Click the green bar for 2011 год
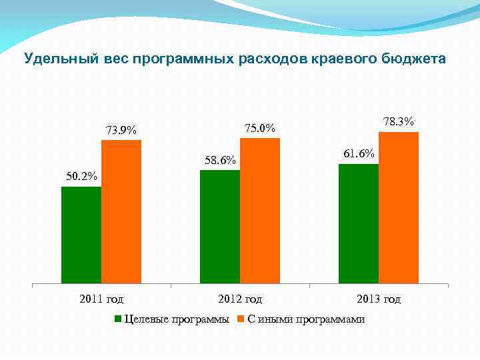[x=81, y=235]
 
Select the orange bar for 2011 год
[x=121, y=211]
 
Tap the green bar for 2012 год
[x=220, y=227]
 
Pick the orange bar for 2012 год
[x=260, y=211]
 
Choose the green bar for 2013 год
[x=359, y=223]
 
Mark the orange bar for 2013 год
[x=399, y=207]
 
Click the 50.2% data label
[x=81, y=177]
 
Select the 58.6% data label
[x=220, y=161]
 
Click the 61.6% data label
[x=359, y=154]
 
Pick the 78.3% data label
[x=399, y=122]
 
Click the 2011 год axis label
[x=101, y=299]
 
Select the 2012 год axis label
[x=240, y=299]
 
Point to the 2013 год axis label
[x=379, y=299]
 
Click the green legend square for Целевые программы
[x=119, y=319]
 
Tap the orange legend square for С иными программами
[x=242, y=319]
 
